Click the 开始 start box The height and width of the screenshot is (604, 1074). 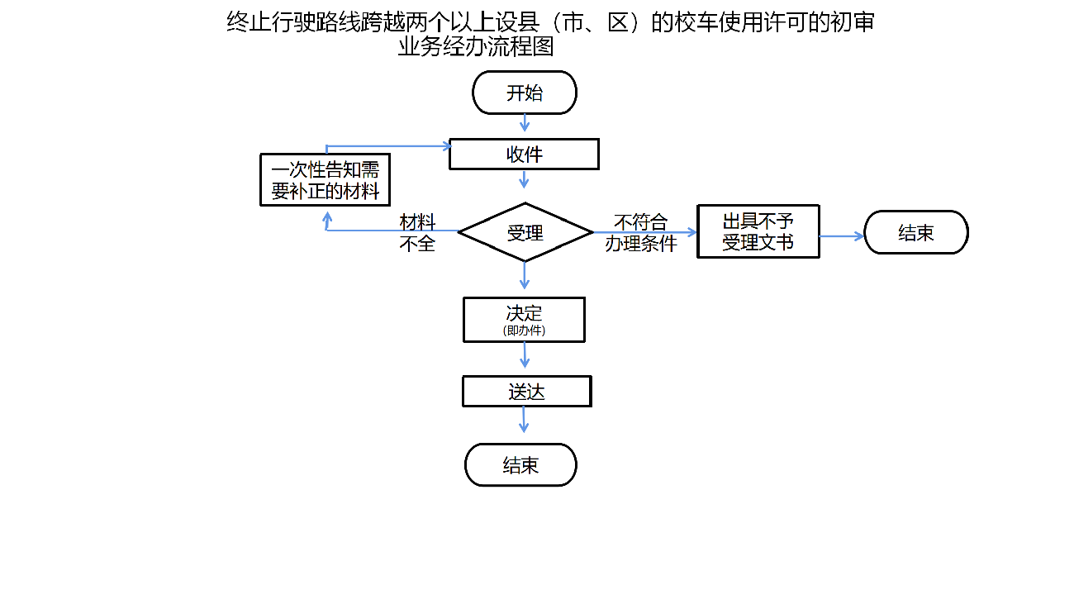[524, 93]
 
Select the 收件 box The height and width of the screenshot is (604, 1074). [524, 155]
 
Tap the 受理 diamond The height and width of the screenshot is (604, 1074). [525, 233]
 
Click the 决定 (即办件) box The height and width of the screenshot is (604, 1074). [524, 319]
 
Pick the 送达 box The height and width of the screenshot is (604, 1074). [526, 392]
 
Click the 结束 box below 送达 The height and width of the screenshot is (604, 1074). [520, 465]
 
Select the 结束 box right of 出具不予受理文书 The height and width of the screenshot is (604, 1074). [915, 232]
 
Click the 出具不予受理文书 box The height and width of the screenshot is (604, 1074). [758, 231]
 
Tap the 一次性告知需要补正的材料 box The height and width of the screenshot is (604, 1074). [325, 180]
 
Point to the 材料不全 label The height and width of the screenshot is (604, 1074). [418, 233]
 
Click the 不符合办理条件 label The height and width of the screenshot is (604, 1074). [641, 233]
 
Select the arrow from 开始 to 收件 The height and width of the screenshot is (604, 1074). [525, 123]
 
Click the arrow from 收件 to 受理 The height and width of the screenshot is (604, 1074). [524, 179]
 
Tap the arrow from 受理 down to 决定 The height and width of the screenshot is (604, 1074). [524, 275]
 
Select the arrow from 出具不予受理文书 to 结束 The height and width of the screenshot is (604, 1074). [841, 236]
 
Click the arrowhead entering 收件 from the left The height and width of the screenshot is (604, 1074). [446, 147]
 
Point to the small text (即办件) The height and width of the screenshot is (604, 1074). [524, 330]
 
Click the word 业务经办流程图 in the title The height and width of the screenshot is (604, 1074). [475, 47]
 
